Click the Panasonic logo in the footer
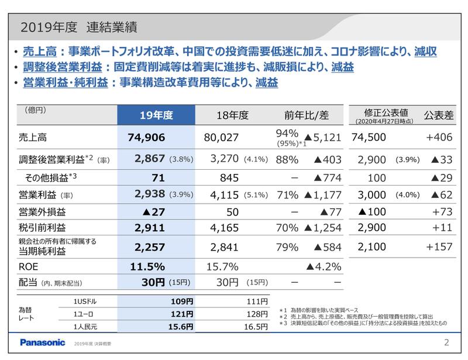(43, 342)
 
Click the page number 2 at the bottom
(446, 342)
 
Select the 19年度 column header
(155, 115)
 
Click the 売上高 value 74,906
(147, 138)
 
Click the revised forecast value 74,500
(372, 138)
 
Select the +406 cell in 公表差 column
(441, 138)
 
